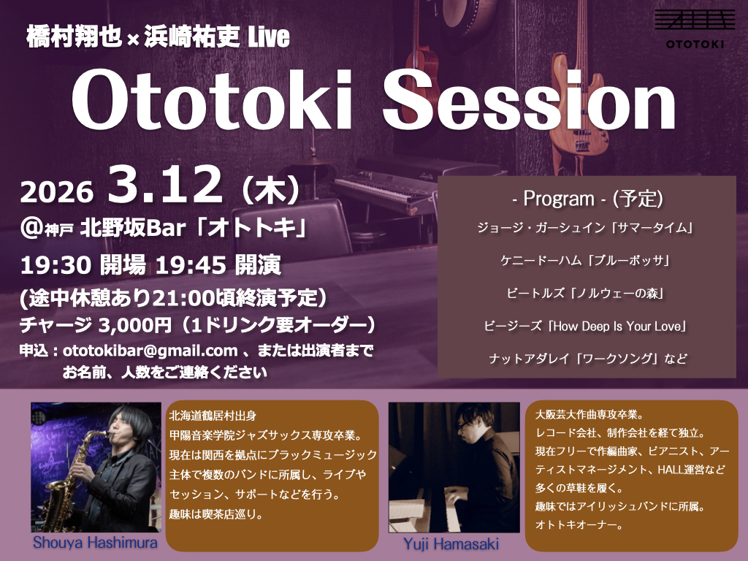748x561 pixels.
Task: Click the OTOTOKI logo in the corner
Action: tap(694, 28)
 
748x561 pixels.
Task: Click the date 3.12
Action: tap(165, 185)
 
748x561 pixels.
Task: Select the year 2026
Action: tap(56, 192)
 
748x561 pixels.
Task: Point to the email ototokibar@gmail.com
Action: tap(150, 351)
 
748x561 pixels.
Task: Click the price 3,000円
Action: tap(135, 325)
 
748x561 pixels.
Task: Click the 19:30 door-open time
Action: tap(56, 265)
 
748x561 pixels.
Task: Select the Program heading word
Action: tap(559, 199)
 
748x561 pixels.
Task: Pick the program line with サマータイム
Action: tap(585, 228)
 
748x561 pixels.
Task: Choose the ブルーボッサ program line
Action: tap(585, 261)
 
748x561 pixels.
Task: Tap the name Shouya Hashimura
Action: tap(95, 543)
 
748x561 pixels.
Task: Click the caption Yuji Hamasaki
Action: tap(451, 543)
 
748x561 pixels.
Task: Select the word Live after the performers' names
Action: tap(269, 37)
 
